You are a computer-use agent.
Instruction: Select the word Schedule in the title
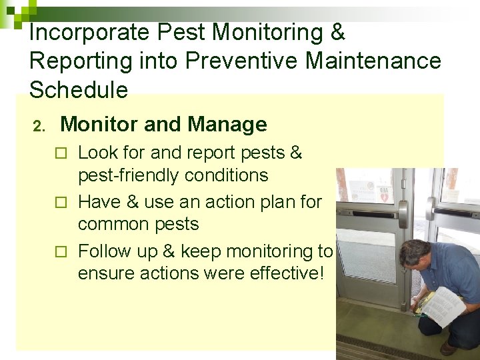[79, 89]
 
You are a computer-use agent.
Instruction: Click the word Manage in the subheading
[227, 124]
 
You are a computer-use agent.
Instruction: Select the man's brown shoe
[449, 348]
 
